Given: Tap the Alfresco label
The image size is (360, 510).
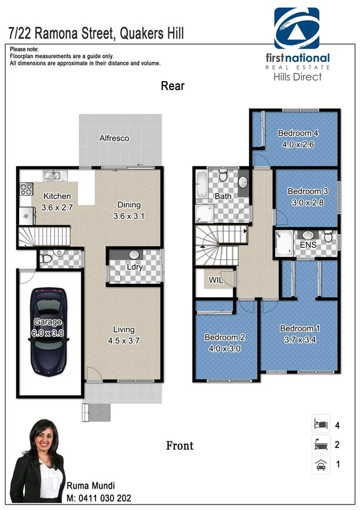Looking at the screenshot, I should (x=114, y=138).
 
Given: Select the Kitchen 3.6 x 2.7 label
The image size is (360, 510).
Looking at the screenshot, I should (x=57, y=201).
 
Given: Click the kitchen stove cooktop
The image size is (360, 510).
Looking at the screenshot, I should (x=26, y=189).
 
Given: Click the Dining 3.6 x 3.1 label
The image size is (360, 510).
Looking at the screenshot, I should (x=129, y=210).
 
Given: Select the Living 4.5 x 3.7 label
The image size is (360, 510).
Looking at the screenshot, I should (x=124, y=334).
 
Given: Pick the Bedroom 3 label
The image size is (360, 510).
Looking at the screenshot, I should (x=305, y=197).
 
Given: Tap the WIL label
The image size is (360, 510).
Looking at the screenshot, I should (x=216, y=280).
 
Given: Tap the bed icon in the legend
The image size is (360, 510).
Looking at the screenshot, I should (x=320, y=425).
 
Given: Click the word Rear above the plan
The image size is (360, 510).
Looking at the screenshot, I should (x=172, y=86).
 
